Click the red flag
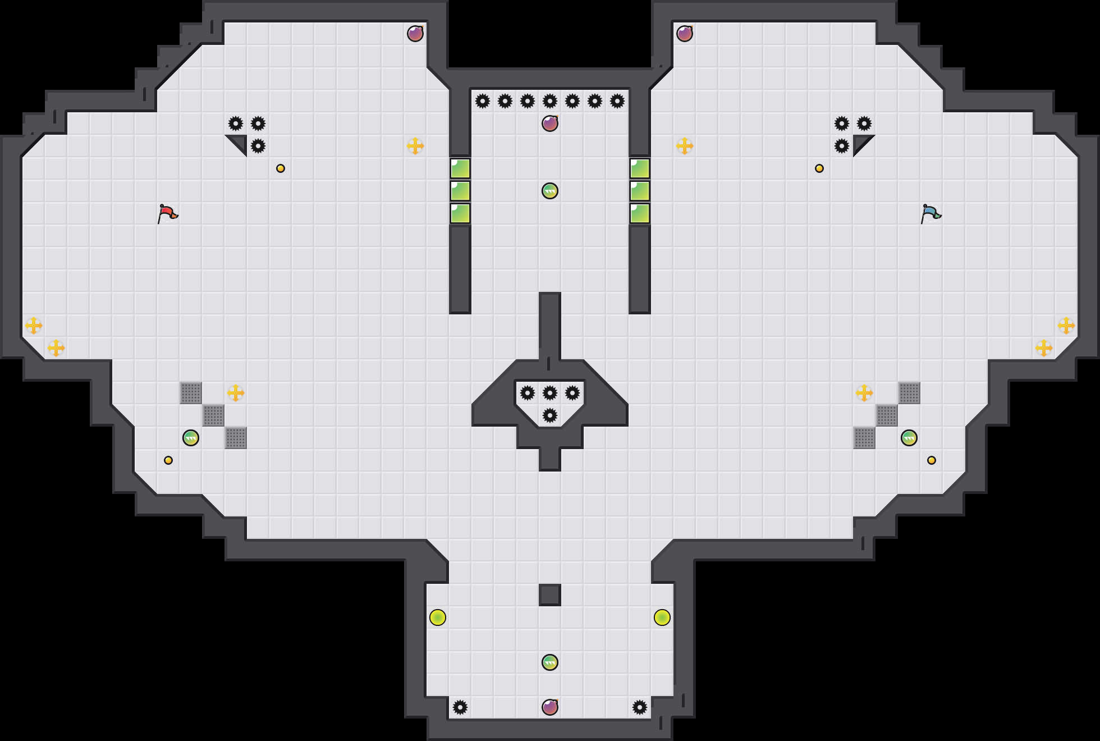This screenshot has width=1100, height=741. (167, 213)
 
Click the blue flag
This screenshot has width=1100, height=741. (931, 213)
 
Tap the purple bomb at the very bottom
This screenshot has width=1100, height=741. (550, 707)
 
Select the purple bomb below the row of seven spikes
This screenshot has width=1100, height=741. (550, 124)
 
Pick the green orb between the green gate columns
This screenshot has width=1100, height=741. (550, 191)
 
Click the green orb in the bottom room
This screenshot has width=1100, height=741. (550, 662)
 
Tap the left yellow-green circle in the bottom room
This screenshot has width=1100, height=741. (438, 617)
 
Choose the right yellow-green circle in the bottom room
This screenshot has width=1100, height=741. (662, 617)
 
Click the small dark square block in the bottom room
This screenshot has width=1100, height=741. (550, 595)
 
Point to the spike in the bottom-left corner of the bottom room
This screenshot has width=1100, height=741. (460, 707)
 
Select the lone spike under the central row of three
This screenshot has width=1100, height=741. (550, 415)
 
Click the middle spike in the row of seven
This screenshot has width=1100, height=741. (550, 101)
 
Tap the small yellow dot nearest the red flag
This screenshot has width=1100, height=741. (281, 168)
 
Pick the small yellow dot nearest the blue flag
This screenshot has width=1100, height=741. (819, 168)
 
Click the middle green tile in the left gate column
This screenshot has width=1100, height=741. (460, 191)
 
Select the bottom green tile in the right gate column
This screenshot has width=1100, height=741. (640, 213)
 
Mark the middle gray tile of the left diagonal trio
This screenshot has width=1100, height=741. (213, 415)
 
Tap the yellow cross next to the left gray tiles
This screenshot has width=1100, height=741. (236, 393)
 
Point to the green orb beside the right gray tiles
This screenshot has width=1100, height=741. (909, 438)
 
